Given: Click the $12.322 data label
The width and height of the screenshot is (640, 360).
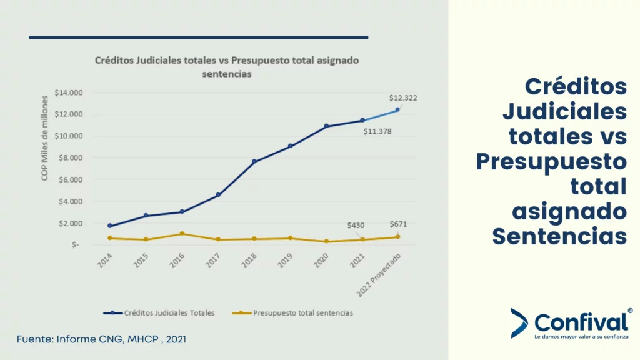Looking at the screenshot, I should [403, 98].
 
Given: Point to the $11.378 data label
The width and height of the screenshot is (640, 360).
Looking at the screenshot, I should [377, 131].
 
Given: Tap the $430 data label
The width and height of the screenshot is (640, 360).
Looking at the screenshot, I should [356, 225].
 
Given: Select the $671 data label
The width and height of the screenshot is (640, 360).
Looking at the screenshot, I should [399, 224].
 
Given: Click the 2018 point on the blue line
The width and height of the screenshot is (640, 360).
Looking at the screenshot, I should [254, 161].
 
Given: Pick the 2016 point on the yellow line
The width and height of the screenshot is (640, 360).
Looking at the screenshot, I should [182, 234].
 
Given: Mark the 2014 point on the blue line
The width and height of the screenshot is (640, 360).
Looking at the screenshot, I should [110, 226].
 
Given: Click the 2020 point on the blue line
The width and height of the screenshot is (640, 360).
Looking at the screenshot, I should [326, 126].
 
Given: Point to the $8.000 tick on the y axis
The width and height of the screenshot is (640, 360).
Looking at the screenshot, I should [69, 157].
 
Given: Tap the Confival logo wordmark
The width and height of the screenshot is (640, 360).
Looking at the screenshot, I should [581, 322].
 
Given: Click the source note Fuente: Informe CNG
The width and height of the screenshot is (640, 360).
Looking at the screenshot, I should [101, 339].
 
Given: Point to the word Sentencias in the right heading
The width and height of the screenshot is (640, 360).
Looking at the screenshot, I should [559, 237].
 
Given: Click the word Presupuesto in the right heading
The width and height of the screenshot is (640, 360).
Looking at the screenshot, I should [551, 161].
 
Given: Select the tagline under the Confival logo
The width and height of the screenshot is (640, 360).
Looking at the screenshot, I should [581, 337].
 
